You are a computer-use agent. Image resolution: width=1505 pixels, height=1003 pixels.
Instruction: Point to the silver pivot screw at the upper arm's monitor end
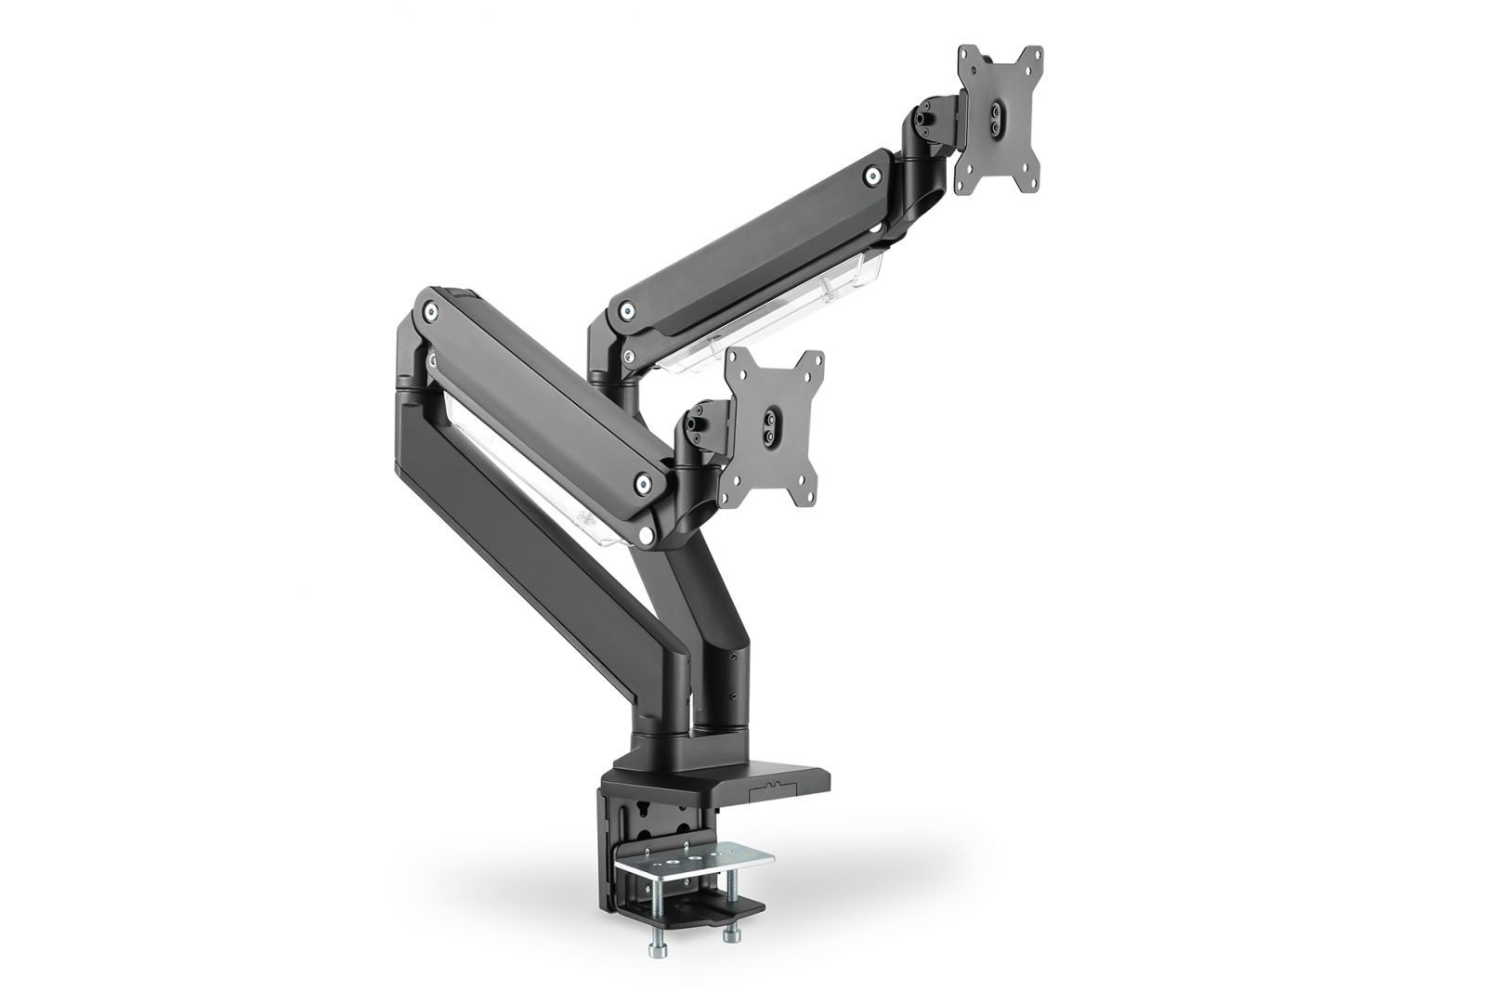pos(872,174)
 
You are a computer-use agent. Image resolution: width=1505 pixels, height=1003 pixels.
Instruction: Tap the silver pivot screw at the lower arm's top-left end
pos(431,310)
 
